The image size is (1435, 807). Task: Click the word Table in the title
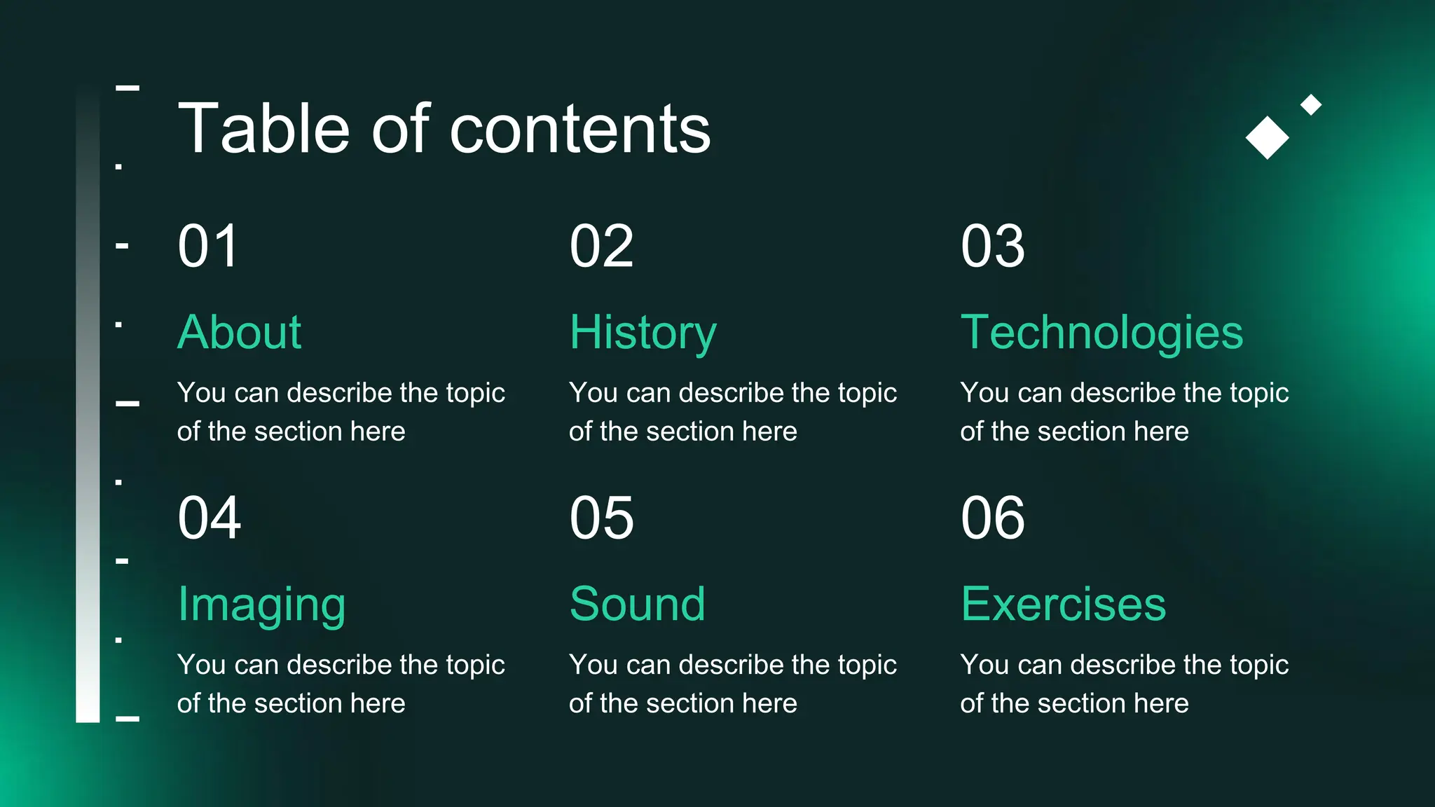263,129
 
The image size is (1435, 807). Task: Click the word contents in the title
579,129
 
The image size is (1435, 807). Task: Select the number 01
208,247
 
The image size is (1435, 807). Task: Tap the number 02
601,247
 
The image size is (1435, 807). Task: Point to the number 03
992,247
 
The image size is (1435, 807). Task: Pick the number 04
209,518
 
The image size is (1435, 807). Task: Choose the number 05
601,518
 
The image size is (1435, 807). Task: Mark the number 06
992,518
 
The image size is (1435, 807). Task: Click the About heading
239,332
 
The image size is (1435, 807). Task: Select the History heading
643,332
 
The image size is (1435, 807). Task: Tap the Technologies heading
1101,332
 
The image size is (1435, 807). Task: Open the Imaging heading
261,605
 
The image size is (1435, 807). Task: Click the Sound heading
637,604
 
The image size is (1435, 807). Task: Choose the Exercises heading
1063,604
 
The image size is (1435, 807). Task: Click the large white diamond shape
1267,137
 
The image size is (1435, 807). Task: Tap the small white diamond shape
1310,105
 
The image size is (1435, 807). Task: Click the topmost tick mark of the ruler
127,88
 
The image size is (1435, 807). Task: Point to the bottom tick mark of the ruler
127,719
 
